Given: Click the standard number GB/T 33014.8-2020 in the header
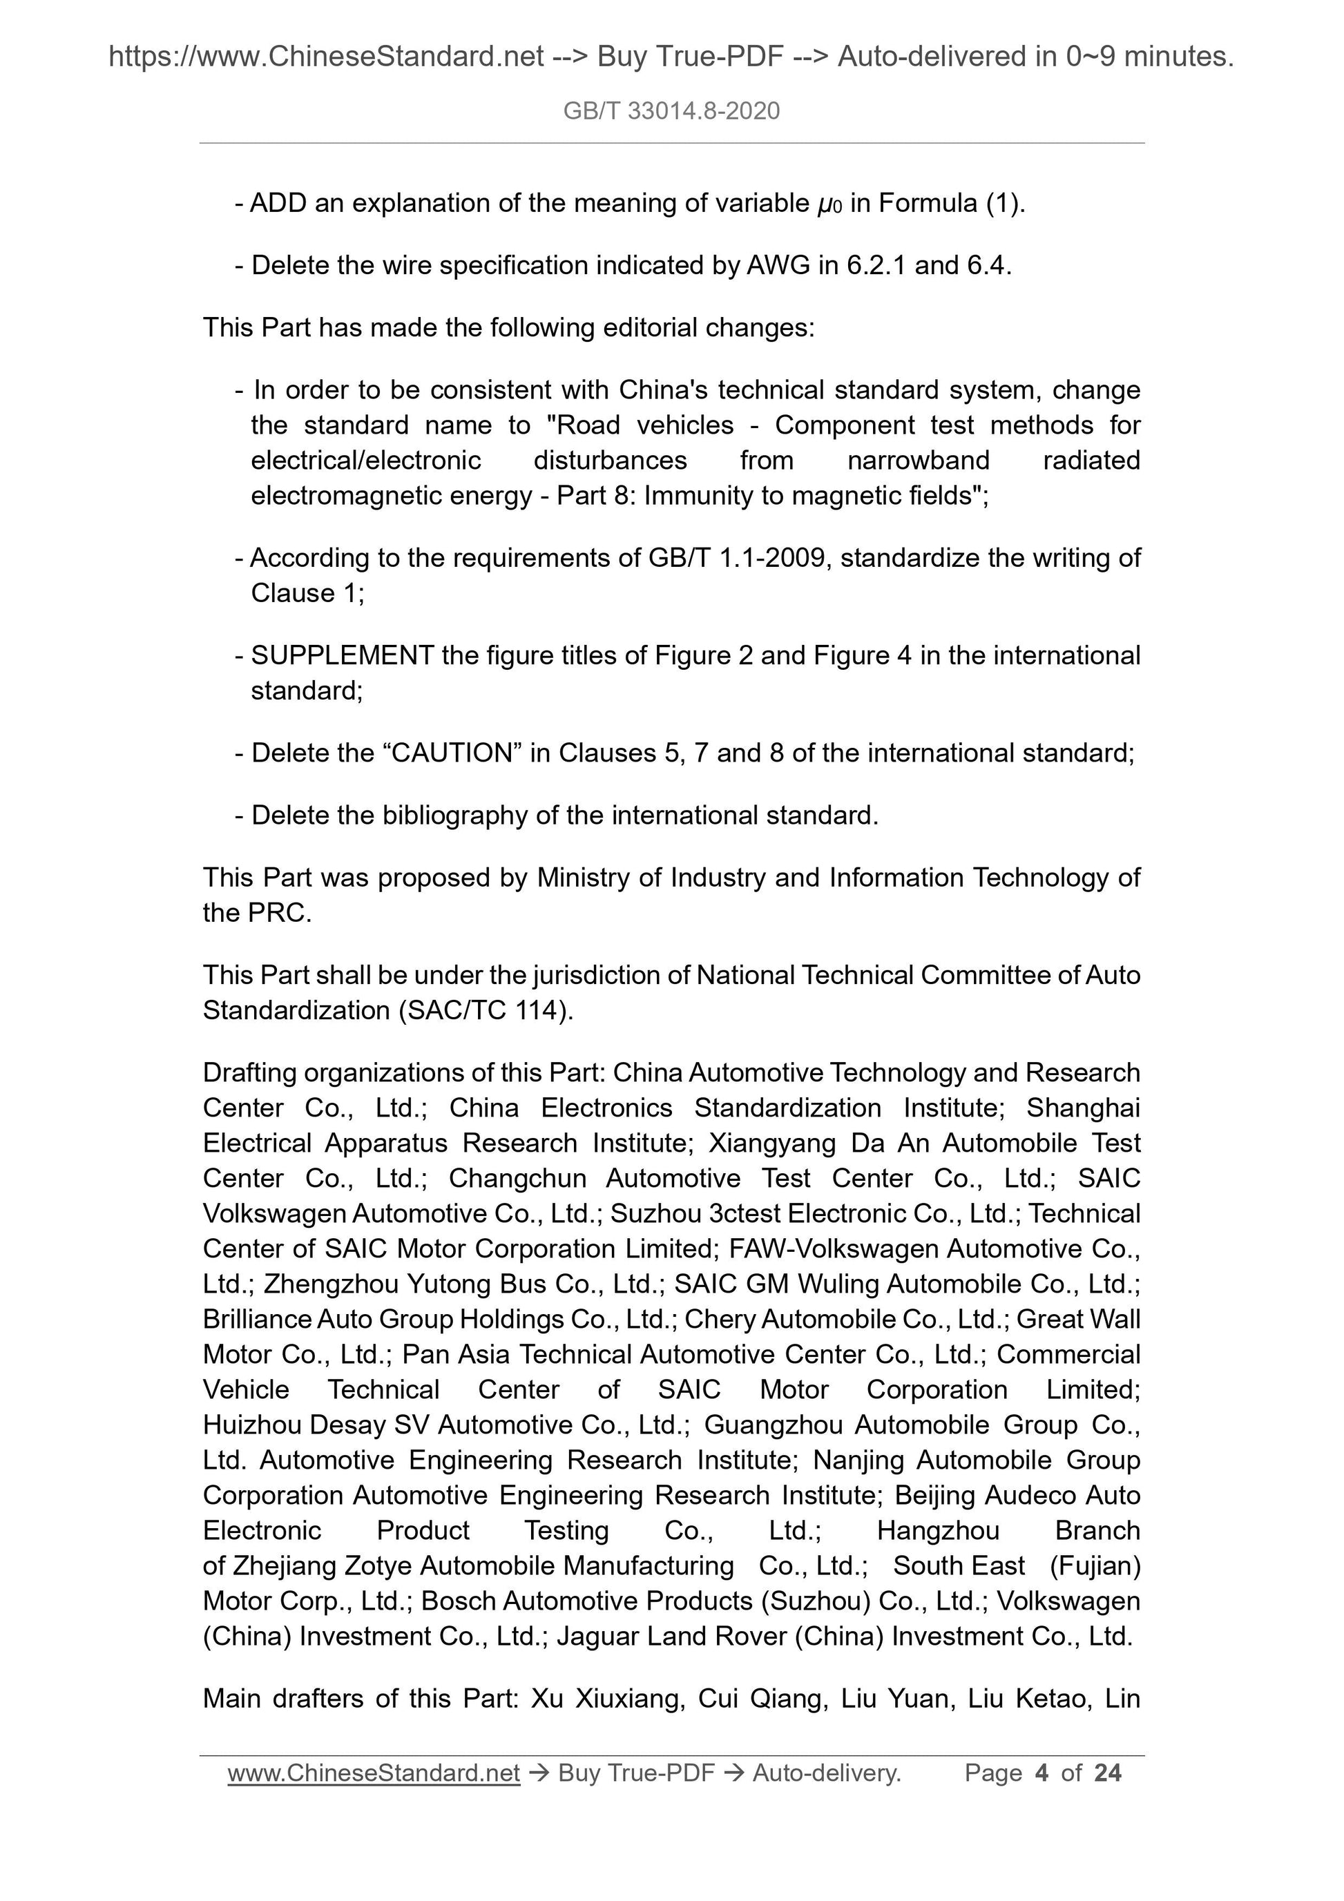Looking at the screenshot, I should coord(671,111).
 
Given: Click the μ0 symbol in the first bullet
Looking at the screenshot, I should coord(829,204).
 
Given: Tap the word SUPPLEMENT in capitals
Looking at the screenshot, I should coord(342,656).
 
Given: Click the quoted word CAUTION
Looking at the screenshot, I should coord(452,753).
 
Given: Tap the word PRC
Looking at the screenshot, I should coord(278,914).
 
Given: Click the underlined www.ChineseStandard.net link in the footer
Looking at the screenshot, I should coord(374,1773).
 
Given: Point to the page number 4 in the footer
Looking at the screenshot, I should coord(1041,1773).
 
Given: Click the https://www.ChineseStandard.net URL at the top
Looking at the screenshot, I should coord(325,57).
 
